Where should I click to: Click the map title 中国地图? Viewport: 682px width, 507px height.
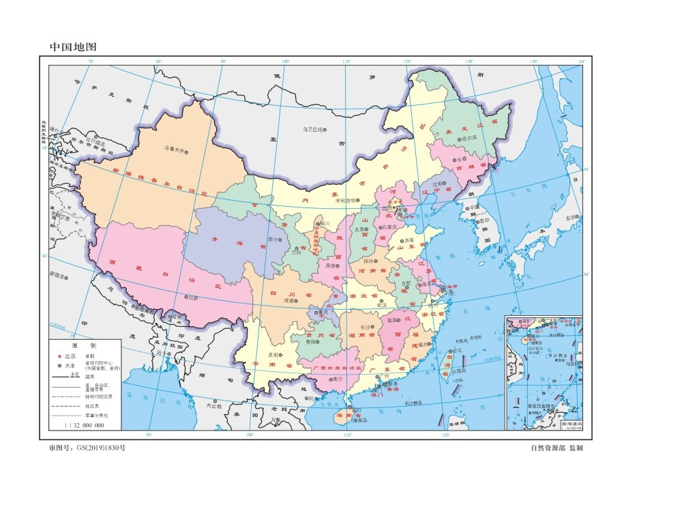pos(74,47)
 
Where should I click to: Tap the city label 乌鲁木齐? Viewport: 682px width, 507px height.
pos(174,147)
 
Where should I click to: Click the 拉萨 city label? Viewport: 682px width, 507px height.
pos(194,298)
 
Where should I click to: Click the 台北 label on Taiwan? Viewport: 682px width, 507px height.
pos(456,351)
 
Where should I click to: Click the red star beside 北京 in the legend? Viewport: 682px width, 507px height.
pos(59,357)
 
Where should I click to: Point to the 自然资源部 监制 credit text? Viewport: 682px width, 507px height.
pos(556,448)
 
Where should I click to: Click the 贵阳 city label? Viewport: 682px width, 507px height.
pos(311,343)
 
